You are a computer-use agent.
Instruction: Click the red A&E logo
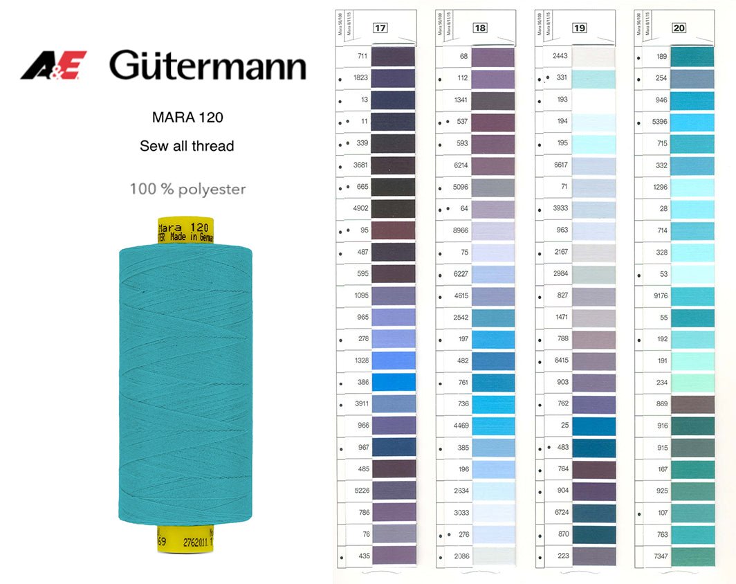click(53, 66)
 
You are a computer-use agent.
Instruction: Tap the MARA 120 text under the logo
click(187, 117)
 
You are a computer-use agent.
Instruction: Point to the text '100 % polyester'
click(187, 189)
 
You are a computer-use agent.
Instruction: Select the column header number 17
click(380, 28)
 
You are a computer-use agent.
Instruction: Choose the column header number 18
click(480, 28)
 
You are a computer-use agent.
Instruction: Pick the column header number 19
click(580, 28)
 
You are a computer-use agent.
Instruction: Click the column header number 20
click(679, 28)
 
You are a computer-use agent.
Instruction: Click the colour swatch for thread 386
click(394, 382)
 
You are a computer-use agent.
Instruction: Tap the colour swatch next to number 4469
click(493, 426)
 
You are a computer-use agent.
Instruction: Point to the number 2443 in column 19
click(560, 55)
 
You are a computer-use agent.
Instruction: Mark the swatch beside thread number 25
click(594, 426)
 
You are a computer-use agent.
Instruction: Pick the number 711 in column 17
click(362, 55)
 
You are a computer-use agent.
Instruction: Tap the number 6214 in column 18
click(460, 165)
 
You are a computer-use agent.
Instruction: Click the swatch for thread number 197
click(493, 339)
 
